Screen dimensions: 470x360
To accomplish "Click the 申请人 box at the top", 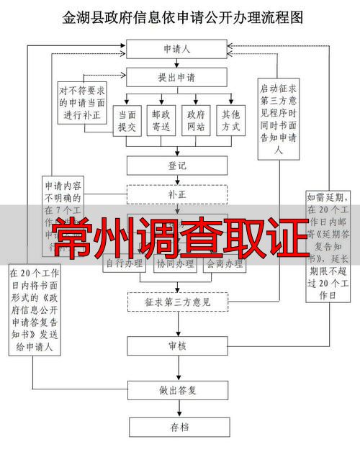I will click(176, 50).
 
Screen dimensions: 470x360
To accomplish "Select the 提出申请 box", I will click(176, 76).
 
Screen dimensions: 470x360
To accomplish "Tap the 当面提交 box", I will click(127, 120).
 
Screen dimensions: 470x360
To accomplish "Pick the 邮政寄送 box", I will click(162, 120).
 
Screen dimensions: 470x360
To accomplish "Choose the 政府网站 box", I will click(197, 120).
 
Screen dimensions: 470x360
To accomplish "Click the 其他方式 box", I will click(231, 120).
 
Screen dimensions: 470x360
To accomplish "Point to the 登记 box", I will click(176, 166).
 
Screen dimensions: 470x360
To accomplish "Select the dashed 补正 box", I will click(176, 194).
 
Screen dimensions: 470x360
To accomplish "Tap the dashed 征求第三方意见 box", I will click(176, 302).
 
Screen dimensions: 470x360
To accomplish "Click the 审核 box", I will click(176, 346).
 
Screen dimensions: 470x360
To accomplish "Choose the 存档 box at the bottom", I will click(176, 427).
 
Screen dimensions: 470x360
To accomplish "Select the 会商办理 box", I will click(224, 264).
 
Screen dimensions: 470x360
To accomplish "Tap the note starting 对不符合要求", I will click(81, 101).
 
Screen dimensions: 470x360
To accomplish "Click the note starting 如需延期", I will click(328, 245).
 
